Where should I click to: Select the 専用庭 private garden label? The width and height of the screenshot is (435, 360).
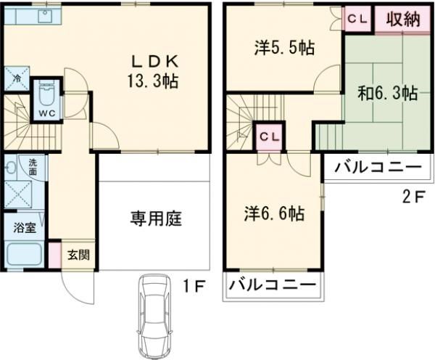click(155, 217)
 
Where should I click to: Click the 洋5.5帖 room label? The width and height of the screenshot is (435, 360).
click(283, 49)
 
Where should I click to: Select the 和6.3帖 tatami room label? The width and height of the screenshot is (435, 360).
click(386, 94)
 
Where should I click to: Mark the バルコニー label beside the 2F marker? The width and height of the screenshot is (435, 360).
click(377, 168)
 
